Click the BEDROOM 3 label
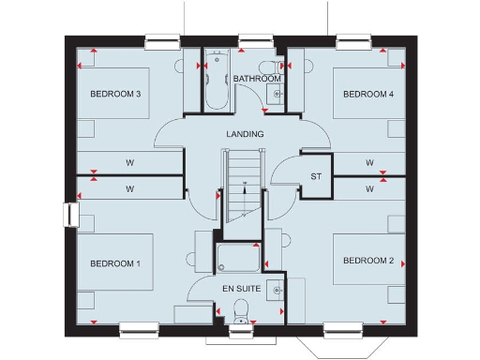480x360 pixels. point(115,95)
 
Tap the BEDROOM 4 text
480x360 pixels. point(368,95)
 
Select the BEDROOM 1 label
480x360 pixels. point(115,263)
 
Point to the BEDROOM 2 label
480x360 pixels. point(368,260)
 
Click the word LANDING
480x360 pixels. point(245,134)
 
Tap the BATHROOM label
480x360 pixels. point(258,79)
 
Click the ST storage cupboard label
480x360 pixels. point(316,175)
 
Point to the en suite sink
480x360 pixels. point(277,291)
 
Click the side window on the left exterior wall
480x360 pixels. point(68,215)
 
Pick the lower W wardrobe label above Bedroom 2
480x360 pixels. point(369,189)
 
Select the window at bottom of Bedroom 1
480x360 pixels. point(138,328)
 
